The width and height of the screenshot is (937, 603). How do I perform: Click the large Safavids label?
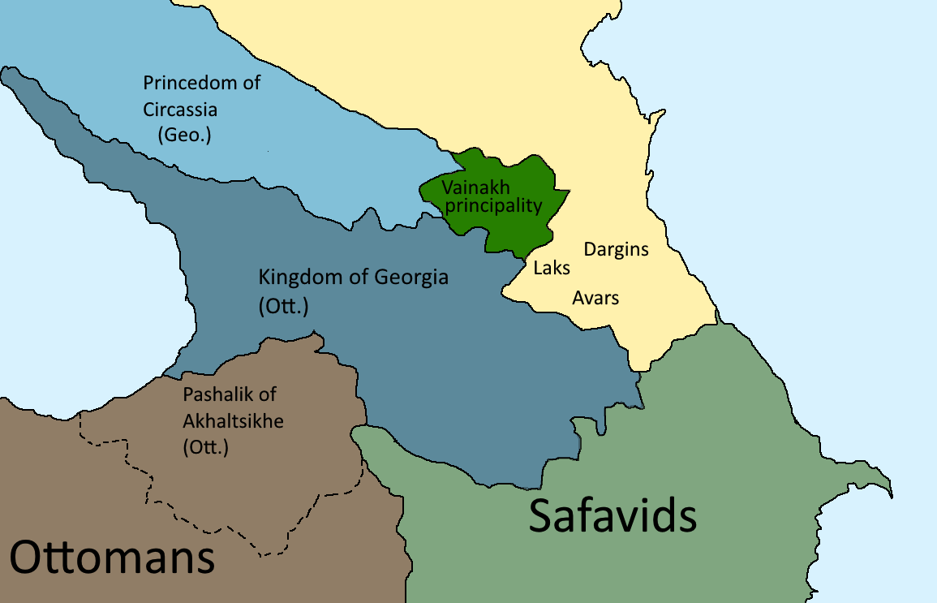[612, 515]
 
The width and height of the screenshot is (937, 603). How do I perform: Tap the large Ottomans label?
[112, 559]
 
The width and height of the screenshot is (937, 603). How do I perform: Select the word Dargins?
[617, 249]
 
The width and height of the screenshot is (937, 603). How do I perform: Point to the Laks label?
[552, 268]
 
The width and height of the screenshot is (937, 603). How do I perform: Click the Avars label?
[595, 298]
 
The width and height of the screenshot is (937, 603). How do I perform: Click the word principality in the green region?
[493, 205]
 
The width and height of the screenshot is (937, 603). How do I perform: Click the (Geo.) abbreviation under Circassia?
[183, 135]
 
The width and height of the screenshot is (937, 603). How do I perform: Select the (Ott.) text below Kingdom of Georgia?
[283, 307]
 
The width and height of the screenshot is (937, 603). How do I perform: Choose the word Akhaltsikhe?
[234, 420]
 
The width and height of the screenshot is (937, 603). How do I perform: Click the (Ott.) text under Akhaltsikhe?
[207, 446]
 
